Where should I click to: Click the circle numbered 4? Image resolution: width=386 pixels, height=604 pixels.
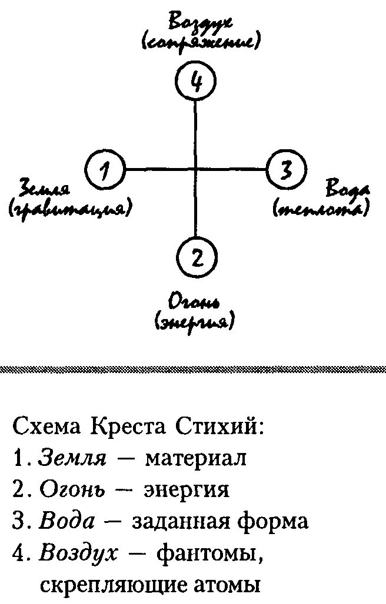[196, 82]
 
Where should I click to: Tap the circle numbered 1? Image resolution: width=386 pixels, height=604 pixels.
[106, 170]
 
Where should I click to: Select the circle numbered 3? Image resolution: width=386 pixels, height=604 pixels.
[286, 170]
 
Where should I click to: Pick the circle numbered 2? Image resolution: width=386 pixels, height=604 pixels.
[197, 256]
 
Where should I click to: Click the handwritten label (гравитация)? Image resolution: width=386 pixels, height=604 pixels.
[69, 209]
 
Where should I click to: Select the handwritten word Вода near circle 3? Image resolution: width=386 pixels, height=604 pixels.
[348, 190]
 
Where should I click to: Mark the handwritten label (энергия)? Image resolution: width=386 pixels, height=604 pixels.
[194, 322]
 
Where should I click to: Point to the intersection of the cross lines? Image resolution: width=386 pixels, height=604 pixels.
[196, 170]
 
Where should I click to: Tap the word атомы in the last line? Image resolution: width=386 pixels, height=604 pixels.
[226, 585]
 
